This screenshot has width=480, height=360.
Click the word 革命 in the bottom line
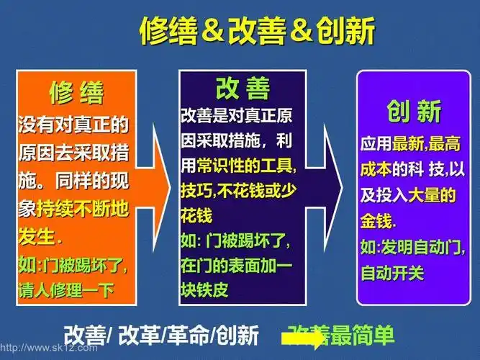(x=189, y=336)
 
